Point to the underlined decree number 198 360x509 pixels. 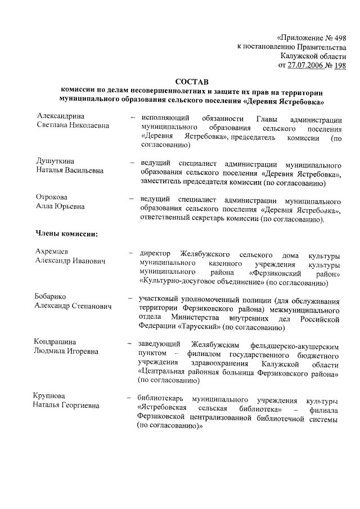pos(339,65)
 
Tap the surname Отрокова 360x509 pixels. pos(55,197)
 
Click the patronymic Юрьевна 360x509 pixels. pos(70,206)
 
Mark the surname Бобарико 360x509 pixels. pos(55,298)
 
